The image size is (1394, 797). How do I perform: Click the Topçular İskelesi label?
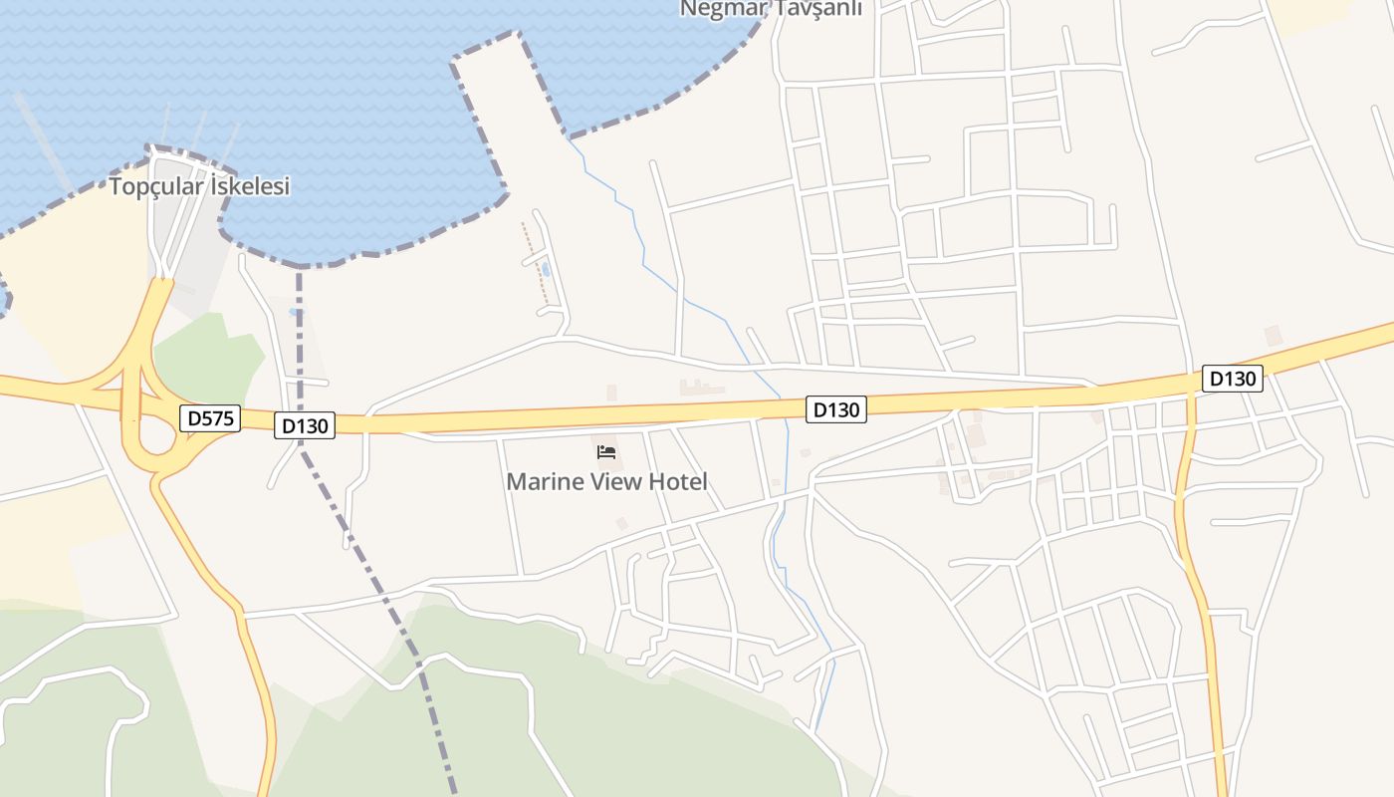pyautogui.click(x=199, y=186)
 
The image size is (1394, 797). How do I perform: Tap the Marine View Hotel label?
pyautogui.click(x=606, y=482)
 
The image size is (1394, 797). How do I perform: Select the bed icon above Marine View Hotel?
pyautogui.click(x=606, y=452)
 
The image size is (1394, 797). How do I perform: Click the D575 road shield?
pyautogui.click(x=211, y=418)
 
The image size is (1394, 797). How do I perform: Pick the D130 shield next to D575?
pyautogui.click(x=305, y=426)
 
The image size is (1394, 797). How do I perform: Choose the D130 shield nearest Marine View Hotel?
pyautogui.click(x=835, y=409)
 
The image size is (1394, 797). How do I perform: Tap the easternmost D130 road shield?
pyautogui.click(x=1233, y=379)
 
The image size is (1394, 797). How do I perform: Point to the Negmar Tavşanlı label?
pyautogui.click(x=770, y=9)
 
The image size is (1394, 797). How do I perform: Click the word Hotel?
pyautogui.click(x=677, y=482)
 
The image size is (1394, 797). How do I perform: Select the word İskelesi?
pyautogui.click(x=247, y=186)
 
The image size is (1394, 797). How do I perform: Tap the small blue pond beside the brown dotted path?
pyautogui.click(x=545, y=269)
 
